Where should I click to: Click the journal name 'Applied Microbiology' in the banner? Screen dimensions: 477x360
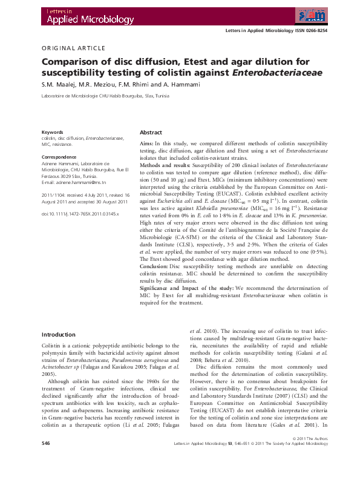pyautogui.click(x=79, y=20)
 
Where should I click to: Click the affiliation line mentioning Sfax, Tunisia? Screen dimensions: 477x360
pyautogui.click(x=96, y=96)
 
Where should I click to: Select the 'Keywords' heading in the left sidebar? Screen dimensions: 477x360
pyautogui.click(x=52, y=132)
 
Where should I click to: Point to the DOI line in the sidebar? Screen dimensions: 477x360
pyautogui.click(x=80, y=214)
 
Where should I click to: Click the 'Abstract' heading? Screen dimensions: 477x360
pyautogui.click(x=151, y=132)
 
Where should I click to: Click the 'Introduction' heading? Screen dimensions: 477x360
pyautogui.click(x=58, y=335)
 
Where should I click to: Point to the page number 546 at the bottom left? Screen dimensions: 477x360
pyautogui.click(x=45, y=461)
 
